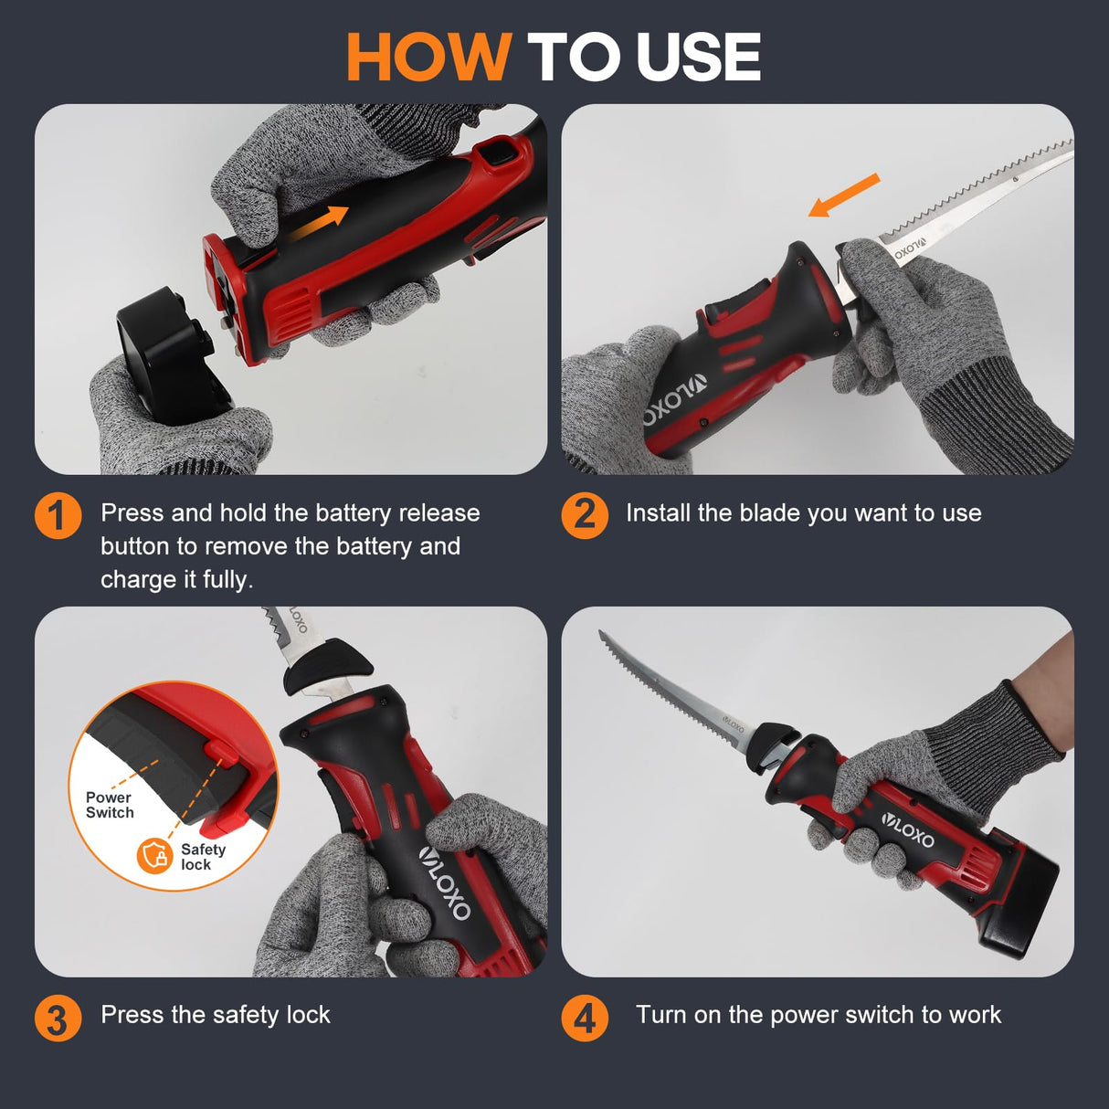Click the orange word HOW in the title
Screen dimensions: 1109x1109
[428, 58]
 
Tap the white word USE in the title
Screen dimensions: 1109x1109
[698, 58]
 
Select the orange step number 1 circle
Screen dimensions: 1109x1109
[58, 515]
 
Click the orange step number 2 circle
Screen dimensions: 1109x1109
[585, 515]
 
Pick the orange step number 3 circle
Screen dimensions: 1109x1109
[58, 1018]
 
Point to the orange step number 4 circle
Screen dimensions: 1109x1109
[585, 1018]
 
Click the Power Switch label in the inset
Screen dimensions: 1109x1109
[110, 805]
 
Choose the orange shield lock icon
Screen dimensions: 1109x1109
[154, 856]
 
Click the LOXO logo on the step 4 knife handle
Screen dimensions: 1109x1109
[909, 829]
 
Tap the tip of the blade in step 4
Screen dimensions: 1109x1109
[601, 633]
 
